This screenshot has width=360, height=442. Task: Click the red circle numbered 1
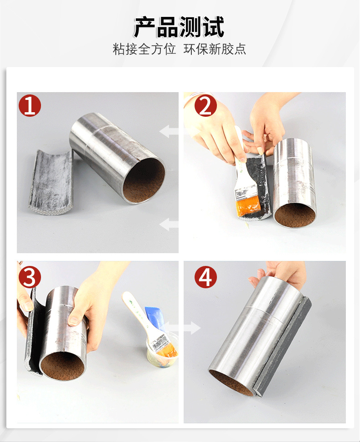[x=30, y=106]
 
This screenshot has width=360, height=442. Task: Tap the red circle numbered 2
[x=206, y=106]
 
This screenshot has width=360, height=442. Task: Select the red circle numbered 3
[x=30, y=277]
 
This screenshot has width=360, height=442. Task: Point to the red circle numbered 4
[x=206, y=277]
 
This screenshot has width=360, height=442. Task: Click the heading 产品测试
[x=179, y=27]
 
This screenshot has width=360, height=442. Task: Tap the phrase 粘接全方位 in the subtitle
[x=144, y=49]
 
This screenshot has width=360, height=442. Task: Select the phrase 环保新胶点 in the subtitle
[x=215, y=49]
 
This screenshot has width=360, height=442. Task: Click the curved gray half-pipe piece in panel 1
[x=51, y=182]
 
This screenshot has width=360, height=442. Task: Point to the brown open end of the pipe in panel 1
[x=144, y=181]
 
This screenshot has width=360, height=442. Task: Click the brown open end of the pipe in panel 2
[x=295, y=215]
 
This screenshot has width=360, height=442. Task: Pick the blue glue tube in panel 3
[x=154, y=318]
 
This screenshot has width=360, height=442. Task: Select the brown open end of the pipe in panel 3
[x=62, y=366]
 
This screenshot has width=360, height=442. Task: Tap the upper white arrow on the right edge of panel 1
[x=169, y=131]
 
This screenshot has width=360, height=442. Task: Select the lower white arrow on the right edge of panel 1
[x=169, y=224]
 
